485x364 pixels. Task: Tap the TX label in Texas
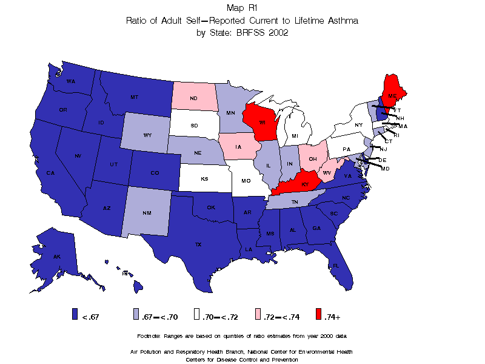click(x=198, y=244)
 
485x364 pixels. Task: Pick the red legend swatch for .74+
click(x=318, y=314)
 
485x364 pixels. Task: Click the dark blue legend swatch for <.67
click(x=75, y=314)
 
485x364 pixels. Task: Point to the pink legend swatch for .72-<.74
click(x=258, y=314)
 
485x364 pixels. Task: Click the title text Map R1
click(x=242, y=8)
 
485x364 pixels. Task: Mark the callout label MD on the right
click(x=385, y=168)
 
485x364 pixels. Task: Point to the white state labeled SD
click(x=194, y=126)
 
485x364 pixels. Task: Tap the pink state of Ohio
click(x=312, y=158)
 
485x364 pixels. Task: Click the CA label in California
click(x=51, y=173)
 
